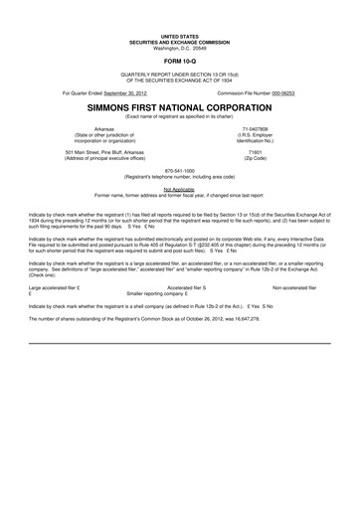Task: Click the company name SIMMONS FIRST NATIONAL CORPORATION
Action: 180,106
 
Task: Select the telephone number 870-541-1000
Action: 180,170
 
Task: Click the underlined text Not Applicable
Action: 180,187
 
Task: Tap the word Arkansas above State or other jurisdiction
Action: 104,129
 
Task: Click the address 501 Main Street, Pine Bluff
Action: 103,153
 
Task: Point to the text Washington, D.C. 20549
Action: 180,49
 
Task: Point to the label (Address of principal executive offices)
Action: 104,159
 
